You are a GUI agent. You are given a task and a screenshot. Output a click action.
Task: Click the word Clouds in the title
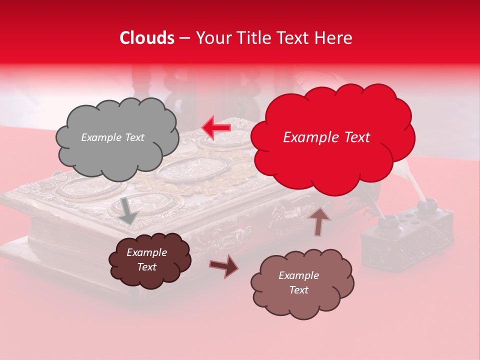point(147,38)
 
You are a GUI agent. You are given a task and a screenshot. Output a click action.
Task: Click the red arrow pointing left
point(216,127)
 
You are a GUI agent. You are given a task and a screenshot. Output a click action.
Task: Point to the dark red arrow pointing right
point(224,265)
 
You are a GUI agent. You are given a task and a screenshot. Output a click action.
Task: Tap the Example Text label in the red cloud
point(326,137)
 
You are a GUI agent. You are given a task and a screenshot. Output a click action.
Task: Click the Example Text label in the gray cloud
point(112,137)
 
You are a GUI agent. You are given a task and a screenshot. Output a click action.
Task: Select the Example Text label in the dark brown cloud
point(146,260)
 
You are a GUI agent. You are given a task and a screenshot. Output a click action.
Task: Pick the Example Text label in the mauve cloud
point(298,282)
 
